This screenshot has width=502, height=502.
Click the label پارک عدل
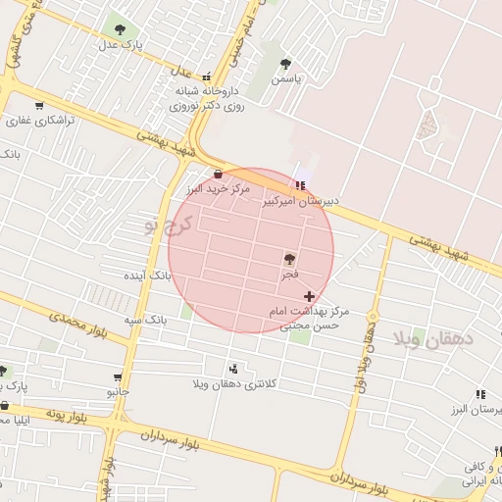click(x=125, y=45)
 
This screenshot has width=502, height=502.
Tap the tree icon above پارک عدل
click(x=120, y=30)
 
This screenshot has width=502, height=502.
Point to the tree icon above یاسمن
click(x=285, y=63)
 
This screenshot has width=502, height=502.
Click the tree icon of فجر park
click(x=289, y=260)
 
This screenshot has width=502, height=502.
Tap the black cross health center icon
click(x=310, y=295)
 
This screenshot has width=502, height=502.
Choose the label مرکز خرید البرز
click(x=220, y=187)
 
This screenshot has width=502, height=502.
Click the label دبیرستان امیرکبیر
click(x=300, y=200)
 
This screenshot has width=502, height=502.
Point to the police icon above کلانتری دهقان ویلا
click(x=233, y=369)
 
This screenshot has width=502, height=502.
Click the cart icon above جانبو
click(x=119, y=376)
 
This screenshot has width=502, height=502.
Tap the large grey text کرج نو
click(x=165, y=226)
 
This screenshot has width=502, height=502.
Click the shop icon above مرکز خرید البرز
click(x=218, y=174)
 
